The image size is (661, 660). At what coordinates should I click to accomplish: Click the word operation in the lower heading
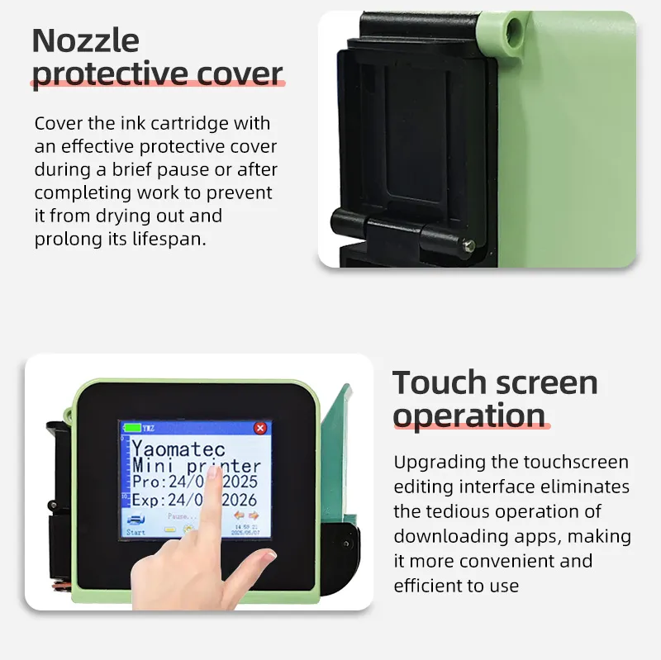click(x=468, y=415)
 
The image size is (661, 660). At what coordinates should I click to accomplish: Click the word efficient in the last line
click(x=430, y=586)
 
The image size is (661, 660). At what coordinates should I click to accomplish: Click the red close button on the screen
click(x=260, y=428)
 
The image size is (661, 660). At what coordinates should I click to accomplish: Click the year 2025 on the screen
click(x=240, y=482)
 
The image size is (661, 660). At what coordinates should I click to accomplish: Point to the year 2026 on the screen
click(x=240, y=500)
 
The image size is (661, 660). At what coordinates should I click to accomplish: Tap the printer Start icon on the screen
click(x=136, y=522)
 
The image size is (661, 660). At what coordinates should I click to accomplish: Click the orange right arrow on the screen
click(x=253, y=516)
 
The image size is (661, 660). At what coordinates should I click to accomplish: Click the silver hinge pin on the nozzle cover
click(x=469, y=244)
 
